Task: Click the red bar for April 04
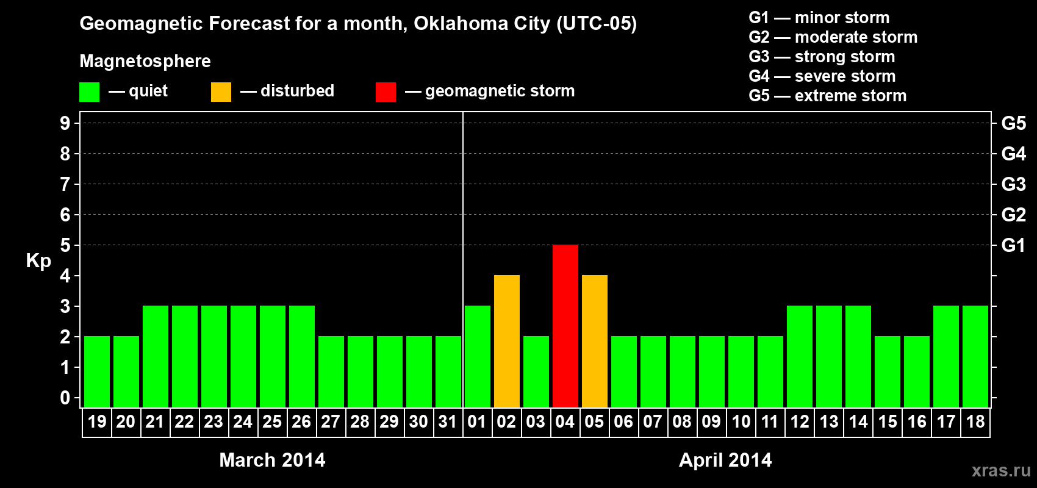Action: pyautogui.click(x=565, y=326)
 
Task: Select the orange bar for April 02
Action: pyautogui.click(x=507, y=341)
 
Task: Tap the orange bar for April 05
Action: pyautogui.click(x=595, y=341)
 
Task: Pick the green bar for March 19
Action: pyautogui.click(x=97, y=371)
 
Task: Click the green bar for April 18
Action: pyautogui.click(x=975, y=356)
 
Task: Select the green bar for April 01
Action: pyautogui.click(x=478, y=356)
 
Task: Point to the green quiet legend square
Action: pyautogui.click(x=89, y=92)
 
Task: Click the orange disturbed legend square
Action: pyautogui.click(x=221, y=92)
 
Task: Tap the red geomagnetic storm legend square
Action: pyautogui.click(x=386, y=92)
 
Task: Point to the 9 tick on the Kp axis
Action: pyautogui.click(x=65, y=123)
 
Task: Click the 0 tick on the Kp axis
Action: pyautogui.click(x=65, y=398)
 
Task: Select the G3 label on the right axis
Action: pyautogui.click(x=1013, y=184)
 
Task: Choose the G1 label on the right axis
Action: pyautogui.click(x=1013, y=245)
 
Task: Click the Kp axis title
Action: pyautogui.click(x=38, y=260)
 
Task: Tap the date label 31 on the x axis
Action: pyautogui.click(x=448, y=422)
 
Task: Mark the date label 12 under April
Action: pyautogui.click(x=800, y=422)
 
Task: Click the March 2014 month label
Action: pyautogui.click(x=272, y=460)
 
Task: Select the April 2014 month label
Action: pyautogui.click(x=725, y=460)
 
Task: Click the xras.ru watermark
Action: pyautogui.click(x=1001, y=470)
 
